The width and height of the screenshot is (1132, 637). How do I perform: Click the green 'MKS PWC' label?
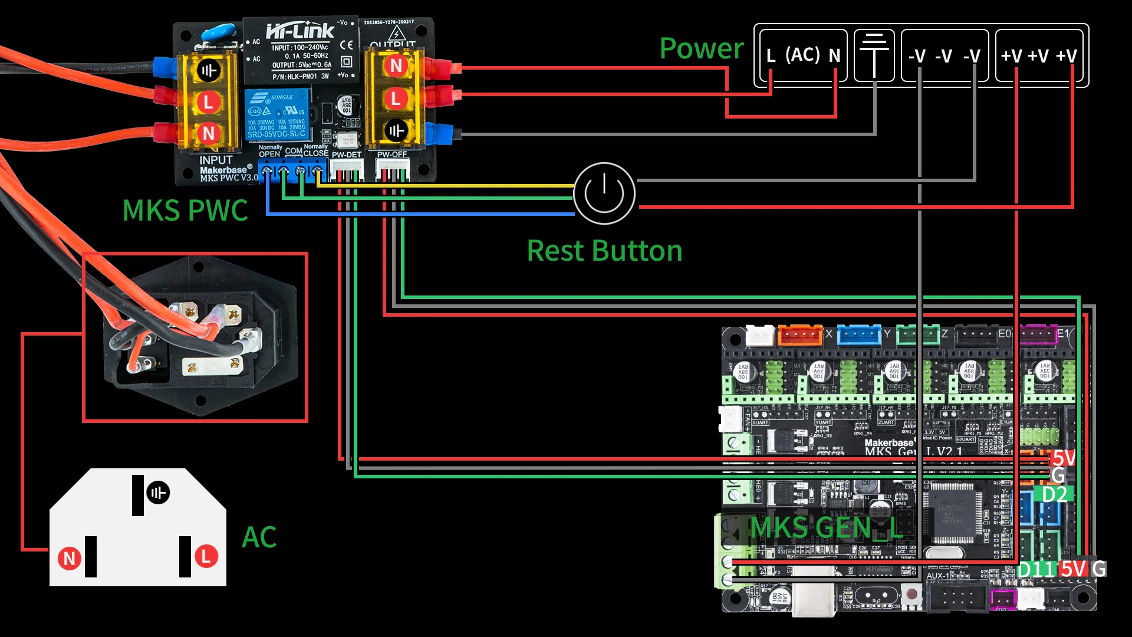pos(185,211)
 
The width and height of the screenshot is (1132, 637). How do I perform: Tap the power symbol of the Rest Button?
pos(604,193)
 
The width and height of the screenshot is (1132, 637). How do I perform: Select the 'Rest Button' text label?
pos(604,251)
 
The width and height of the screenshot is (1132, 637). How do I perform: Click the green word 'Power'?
pos(702,48)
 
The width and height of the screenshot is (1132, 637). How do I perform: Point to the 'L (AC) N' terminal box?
pos(802,55)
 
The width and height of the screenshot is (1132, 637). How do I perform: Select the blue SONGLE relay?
pos(277,115)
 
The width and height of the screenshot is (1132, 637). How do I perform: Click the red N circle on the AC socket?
pos(70,558)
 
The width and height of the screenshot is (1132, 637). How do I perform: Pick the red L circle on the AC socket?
pos(206,556)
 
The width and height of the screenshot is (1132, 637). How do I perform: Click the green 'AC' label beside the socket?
pos(259,537)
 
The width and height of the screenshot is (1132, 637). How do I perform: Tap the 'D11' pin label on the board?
pos(1036,569)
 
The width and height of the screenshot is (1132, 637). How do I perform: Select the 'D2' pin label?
pos(1055,495)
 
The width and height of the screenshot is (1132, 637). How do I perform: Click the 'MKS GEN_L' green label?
pos(825,527)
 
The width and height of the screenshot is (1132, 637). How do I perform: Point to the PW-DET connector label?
pos(346,155)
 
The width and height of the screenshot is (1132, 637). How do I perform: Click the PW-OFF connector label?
pos(392,155)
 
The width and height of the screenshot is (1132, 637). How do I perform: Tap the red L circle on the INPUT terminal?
pos(208,102)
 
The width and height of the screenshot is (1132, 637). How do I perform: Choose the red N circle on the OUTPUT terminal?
pos(396,65)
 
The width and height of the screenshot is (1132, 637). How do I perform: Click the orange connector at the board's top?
pos(800,335)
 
